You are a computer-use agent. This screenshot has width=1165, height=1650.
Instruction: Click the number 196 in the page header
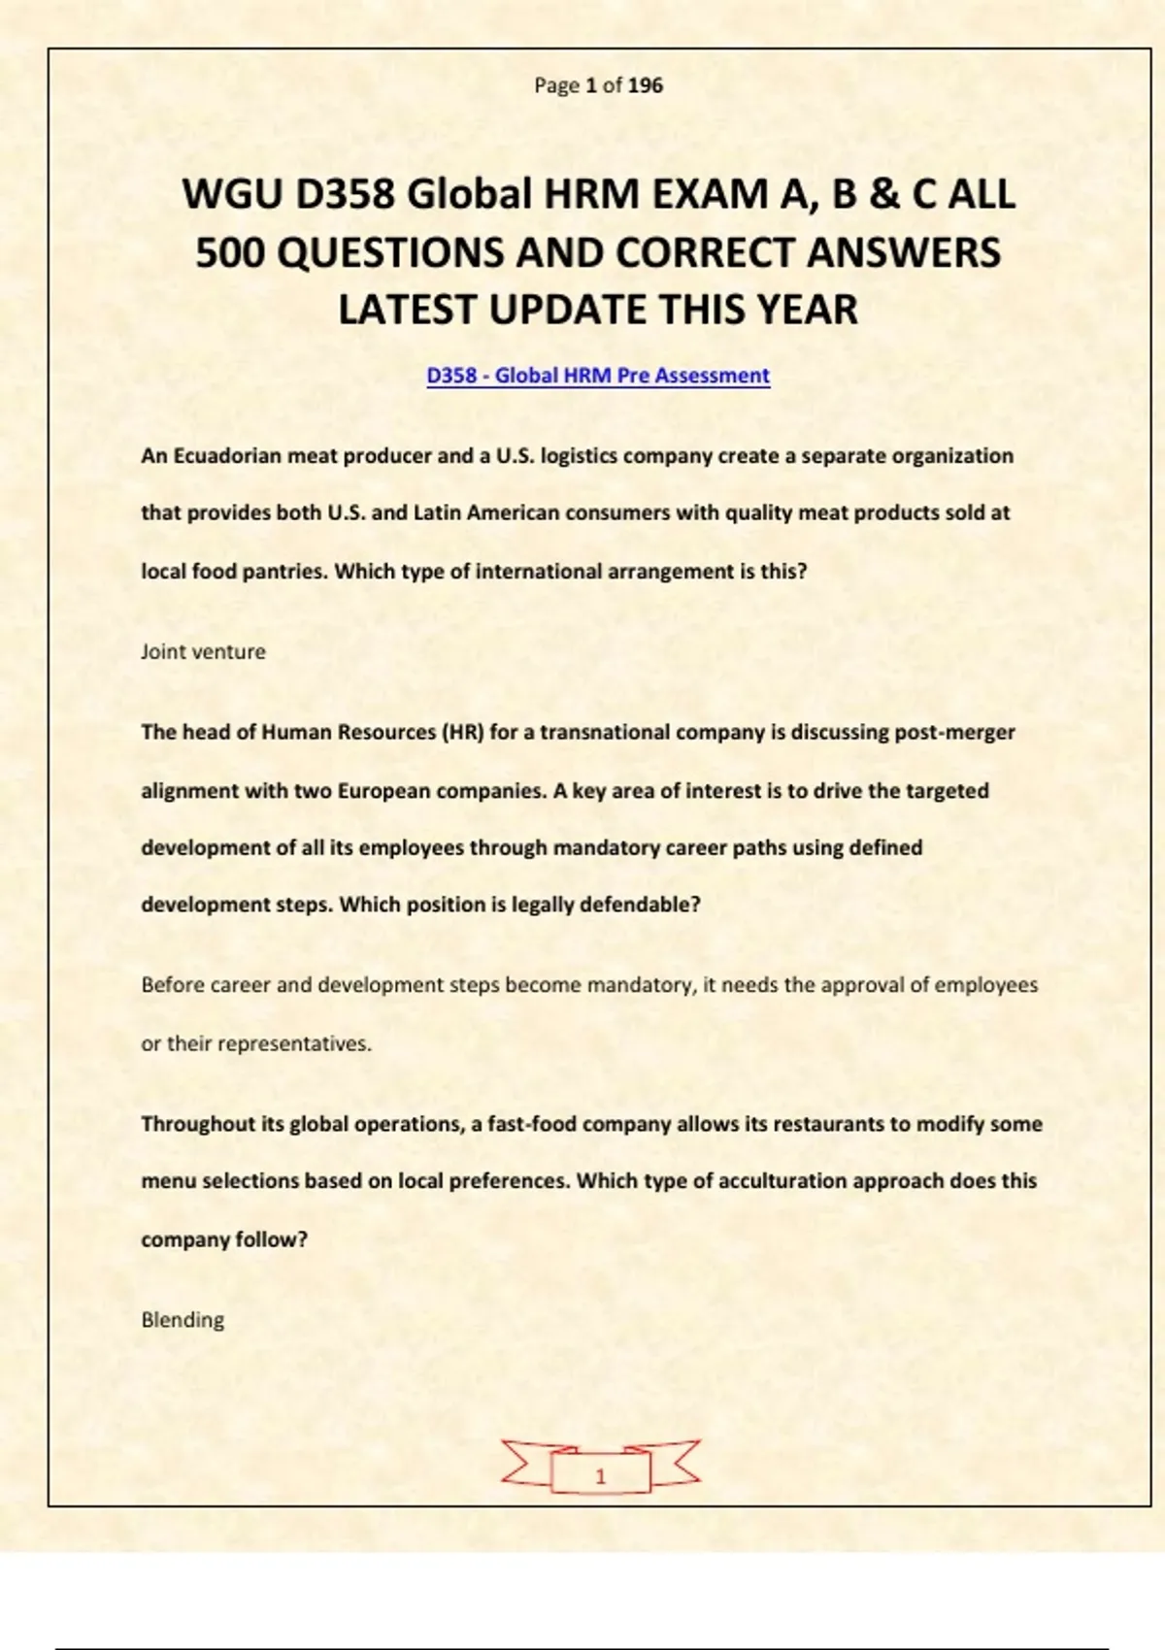(x=646, y=85)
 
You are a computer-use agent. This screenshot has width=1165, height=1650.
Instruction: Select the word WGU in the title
(x=233, y=194)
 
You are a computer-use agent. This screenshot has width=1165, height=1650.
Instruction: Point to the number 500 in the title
(x=230, y=252)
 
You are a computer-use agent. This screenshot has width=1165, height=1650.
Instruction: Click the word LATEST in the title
(x=407, y=310)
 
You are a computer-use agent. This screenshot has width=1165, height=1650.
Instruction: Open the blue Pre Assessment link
(x=598, y=376)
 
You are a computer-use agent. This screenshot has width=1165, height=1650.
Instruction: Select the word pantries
(x=282, y=572)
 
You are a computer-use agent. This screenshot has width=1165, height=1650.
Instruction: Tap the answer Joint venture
(x=203, y=651)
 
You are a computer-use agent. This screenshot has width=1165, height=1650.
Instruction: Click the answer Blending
(x=183, y=1320)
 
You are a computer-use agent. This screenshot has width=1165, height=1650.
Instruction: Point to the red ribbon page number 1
(x=600, y=1475)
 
